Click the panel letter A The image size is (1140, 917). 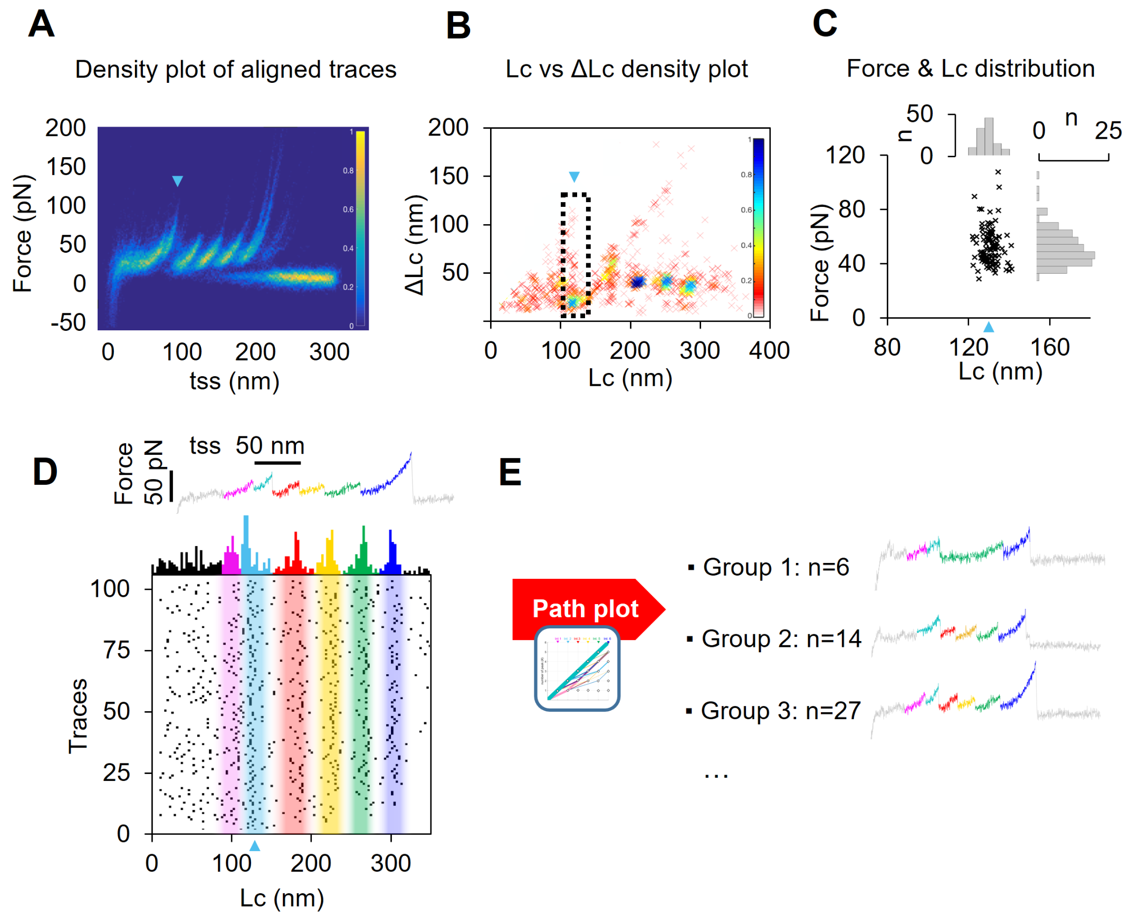click(41, 24)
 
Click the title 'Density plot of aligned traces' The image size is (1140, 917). click(235, 69)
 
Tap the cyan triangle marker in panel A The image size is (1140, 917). click(178, 182)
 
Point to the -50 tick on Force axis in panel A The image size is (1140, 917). click(68, 322)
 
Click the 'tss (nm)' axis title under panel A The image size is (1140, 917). click(234, 381)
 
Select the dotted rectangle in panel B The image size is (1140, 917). click(575, 255)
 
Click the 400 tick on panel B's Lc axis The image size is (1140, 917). click(769, 351)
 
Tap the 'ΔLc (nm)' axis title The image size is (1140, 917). click(415, 244)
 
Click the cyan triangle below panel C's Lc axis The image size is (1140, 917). click(988, 328)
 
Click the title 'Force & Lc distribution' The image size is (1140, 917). click(970, 69)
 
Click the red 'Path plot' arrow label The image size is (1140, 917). click(585, 609)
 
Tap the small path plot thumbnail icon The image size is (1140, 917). click(577, 668)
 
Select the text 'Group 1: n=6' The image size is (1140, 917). click(775, 567)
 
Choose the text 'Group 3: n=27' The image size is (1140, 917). click(780, 711)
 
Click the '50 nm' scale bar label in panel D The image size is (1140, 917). click(270, 446)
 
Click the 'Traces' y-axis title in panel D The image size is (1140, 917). click(78, 715)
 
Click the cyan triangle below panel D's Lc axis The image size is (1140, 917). click(255, 846)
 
